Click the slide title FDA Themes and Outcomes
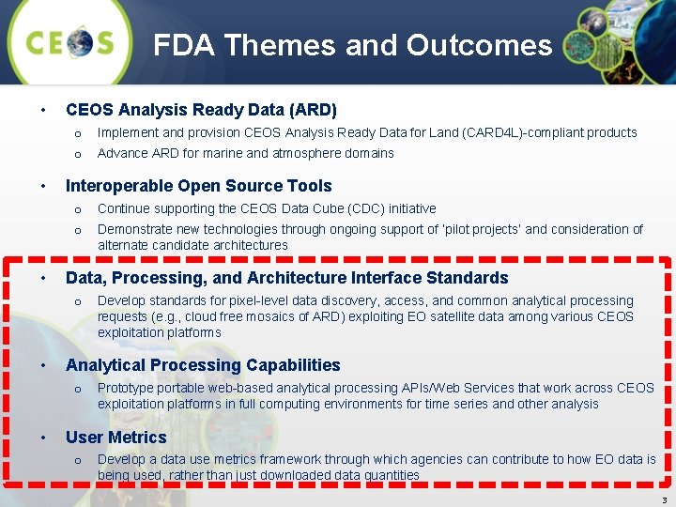coord(352,45)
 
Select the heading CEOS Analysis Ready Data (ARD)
coord(201,110)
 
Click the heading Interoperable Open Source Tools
coord(198,186)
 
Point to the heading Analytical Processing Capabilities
coord(203,365)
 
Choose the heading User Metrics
coord(115,438)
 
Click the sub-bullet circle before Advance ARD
coord(78,154)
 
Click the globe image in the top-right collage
coord(595,19)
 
